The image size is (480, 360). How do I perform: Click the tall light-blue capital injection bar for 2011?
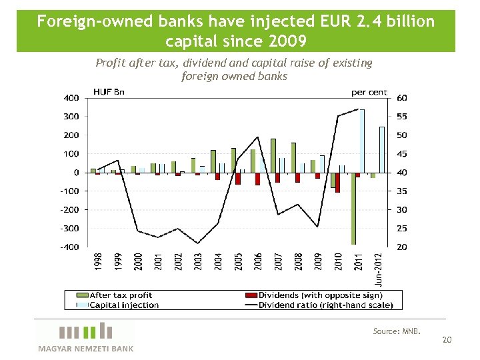(x=362, y=141)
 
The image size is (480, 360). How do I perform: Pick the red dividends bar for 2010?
(x=338, y=182)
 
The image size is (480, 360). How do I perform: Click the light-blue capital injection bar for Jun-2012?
(x=382, y=149)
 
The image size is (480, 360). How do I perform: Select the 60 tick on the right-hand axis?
(x=402, y=98)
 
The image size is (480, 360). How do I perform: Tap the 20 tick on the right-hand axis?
(x=402, y=247)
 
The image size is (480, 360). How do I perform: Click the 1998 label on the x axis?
(x=98, y=261)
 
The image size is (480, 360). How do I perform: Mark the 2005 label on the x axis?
(x=238, y=261)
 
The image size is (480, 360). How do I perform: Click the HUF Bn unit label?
(x=109, y=92)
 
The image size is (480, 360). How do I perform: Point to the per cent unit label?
(x=369, y=92)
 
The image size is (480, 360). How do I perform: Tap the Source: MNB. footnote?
(x=397, y=331)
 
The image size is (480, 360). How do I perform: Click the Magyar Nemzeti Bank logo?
(x=85, y=337)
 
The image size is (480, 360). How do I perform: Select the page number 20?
(x=447, y=340)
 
